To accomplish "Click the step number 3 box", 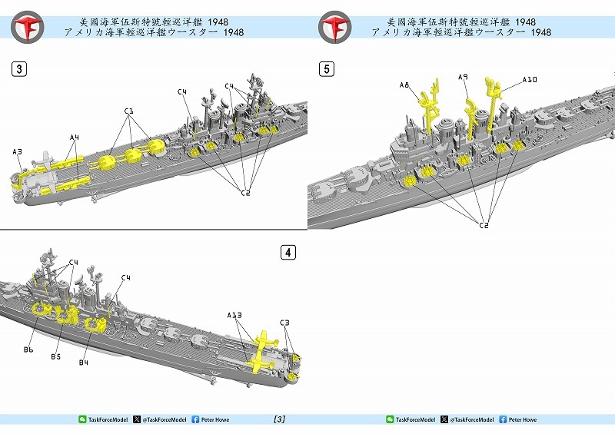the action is (19, 69).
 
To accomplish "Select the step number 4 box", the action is (288, 252).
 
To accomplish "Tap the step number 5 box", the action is (327, 69).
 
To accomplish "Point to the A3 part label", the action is (17, 152).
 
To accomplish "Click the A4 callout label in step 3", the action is (75, 137).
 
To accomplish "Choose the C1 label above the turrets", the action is (128, 111).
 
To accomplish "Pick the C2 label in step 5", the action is (484, 225).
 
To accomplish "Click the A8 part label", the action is (404, 85).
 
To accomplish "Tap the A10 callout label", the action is (530, 80).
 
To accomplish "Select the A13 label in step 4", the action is (234, 315).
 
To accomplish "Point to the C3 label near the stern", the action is (284, 323).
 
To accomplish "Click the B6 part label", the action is (28, 350).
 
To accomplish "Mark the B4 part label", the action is (84, 363).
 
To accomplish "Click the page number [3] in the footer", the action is (279, 419).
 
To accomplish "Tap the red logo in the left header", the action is (27, 27).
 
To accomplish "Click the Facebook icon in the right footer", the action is (503, 419).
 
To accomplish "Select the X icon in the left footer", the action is (137, 419).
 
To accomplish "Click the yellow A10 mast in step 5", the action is (493, 102).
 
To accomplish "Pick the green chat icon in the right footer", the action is (390, 419).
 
